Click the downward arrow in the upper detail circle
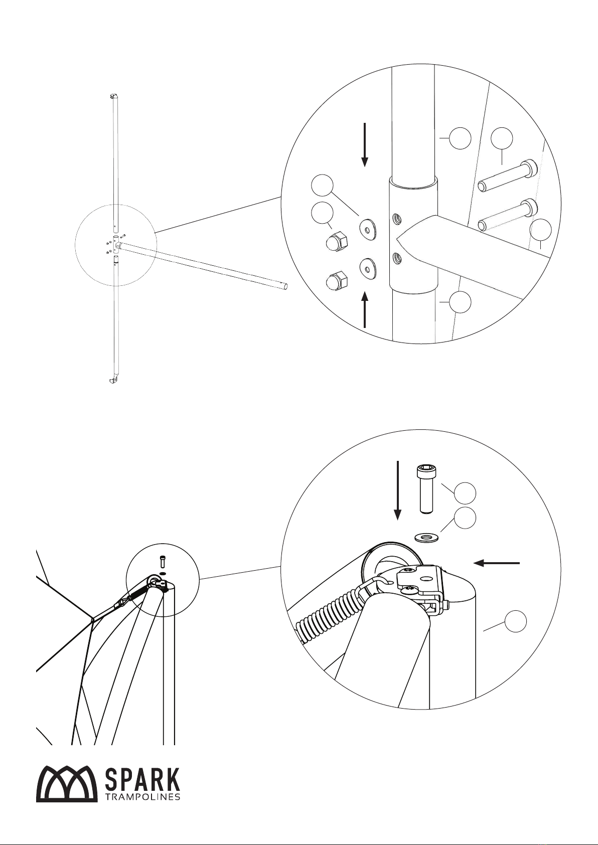pyautogui.click(x=364, y=144)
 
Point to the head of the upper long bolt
pyautogui.click(x=529, y=167)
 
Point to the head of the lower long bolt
pyautogui.click(x=529, y=206)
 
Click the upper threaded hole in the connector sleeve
pyautogui.click(x=396, y=219)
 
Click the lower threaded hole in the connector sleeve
pyautogui.click(x=396, y=258)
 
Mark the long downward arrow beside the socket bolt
pyautogui.click(x=397, y=490)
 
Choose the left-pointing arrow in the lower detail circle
pyautogui.click(x=497, y=563)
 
